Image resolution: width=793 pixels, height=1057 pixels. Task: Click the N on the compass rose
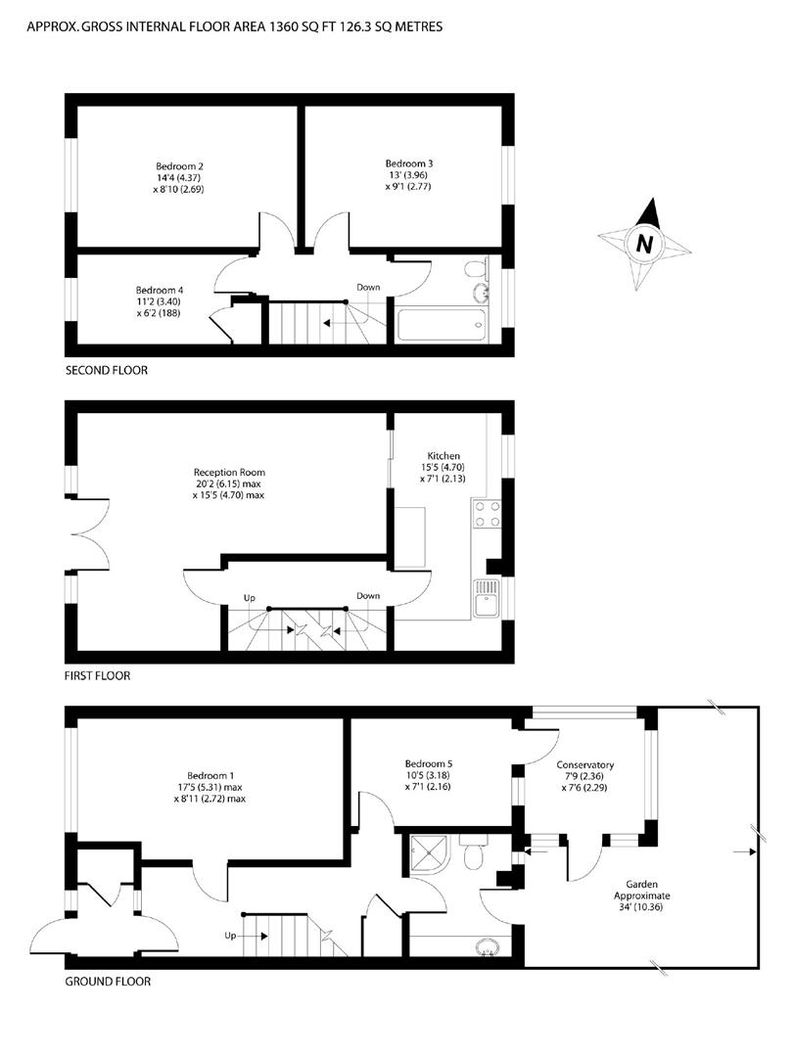click(x=644, y=243)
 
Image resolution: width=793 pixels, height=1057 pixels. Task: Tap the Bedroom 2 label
click(x=179, y=166)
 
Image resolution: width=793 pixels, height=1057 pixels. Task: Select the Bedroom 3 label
click(x=409, y=163)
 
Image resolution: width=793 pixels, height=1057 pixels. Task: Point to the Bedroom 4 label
click(x=160, y=291)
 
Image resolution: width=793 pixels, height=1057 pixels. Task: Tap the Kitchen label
click(x=443, y=456)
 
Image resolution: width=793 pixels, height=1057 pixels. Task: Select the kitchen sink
click(x=487, y=598)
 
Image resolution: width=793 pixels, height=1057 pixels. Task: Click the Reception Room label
click(x=229, y=473)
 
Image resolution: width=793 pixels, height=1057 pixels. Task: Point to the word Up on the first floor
click(x=250, y=598)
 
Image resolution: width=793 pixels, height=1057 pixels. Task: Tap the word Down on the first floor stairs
click(x=368, y=596)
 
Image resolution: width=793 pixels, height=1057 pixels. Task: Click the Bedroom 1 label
click(x=211, y=776)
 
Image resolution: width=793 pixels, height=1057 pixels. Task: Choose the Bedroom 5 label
click(x=429, y=763)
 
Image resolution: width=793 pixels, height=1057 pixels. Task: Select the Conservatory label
click(x=585, y=765)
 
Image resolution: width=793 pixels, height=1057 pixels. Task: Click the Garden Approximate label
click(x=642, y=890)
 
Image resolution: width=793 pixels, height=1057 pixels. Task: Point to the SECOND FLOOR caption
click(x=107, y=370)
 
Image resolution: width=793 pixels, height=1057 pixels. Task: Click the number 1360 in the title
click(x=284, y=27)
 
